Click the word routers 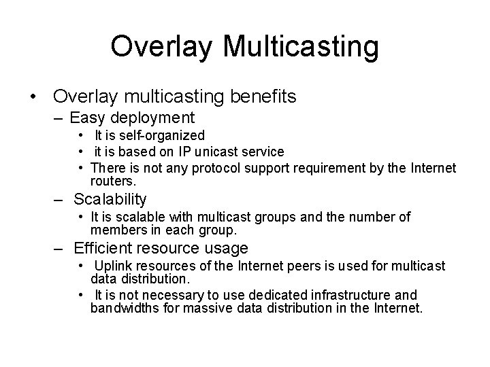[113, 181]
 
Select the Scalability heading [110, 200]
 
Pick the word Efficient [104, 249]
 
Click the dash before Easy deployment [59, 118]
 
